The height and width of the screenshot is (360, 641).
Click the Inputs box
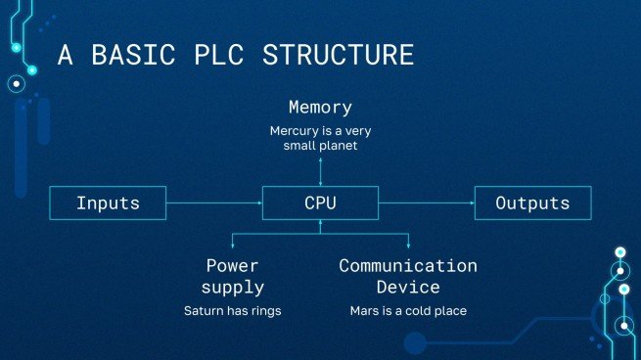click(x=109, y=203)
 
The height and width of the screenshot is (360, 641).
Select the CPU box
click(x=320, y=203)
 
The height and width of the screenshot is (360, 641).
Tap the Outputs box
click(x=532, y=203)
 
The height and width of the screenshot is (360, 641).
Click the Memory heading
click(x=320, y=107)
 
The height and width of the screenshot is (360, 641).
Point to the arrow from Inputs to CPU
click(x=214, y=203)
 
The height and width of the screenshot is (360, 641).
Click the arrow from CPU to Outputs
click(x=426, y=203)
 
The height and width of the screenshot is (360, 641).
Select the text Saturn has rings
click(x=233, y=311)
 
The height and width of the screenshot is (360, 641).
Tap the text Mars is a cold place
click(x=408, y=311)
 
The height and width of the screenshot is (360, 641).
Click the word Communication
click(x=408, y=265)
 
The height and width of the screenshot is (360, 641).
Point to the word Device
click(x=408, y=287)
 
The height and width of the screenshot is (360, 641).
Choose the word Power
click(x=233, y=265)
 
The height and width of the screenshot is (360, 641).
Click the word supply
click(x=233, y=287)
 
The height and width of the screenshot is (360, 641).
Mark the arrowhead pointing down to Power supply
click(x=233, y=246)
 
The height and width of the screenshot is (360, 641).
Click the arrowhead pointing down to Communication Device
click(x=408, y=246)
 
